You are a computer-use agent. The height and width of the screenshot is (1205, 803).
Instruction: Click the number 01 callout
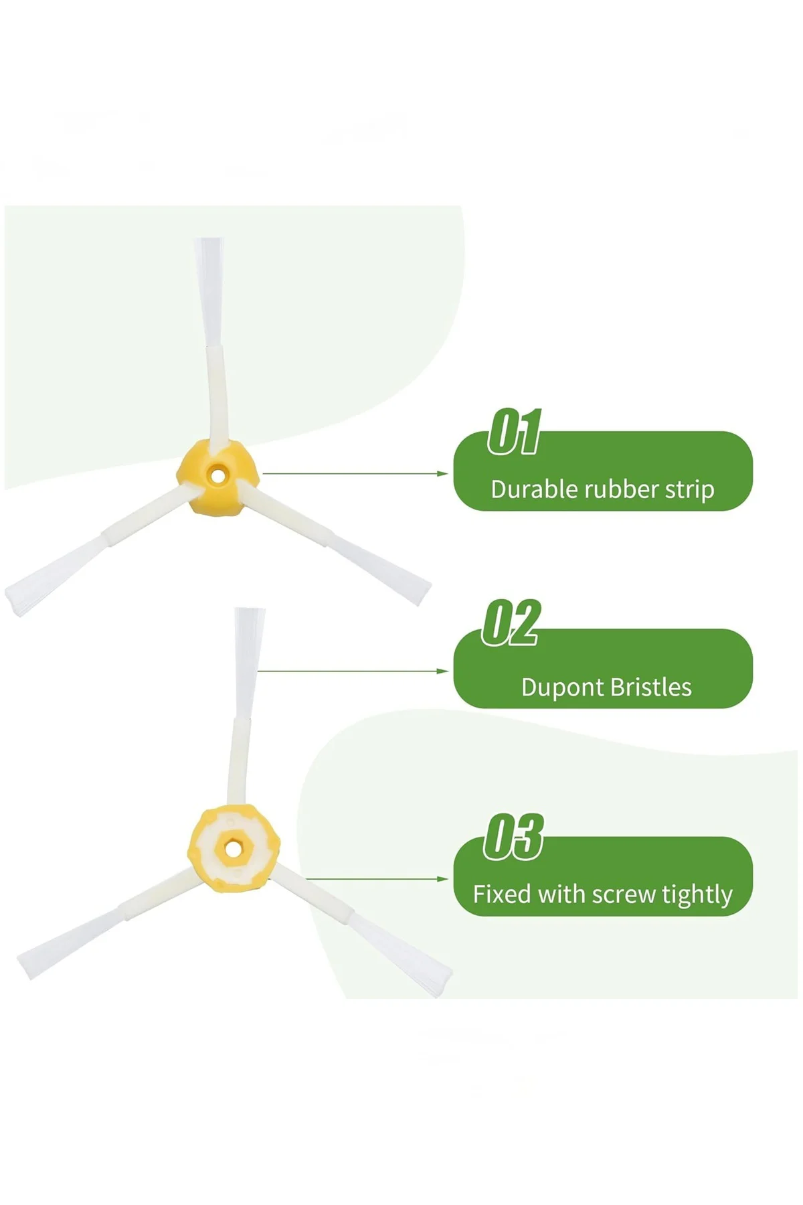[x=514, y=432]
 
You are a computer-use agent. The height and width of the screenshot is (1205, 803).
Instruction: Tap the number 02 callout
[x=511, y=623]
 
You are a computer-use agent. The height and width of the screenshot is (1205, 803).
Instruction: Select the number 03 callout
[x=513, y=837]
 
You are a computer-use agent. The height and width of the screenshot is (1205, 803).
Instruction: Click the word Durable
[x=535, y=489]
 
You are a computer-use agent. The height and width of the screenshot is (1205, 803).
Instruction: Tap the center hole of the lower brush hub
[x=232, y=848]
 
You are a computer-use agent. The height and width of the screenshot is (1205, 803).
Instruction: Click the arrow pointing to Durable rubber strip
[x=355, y=473]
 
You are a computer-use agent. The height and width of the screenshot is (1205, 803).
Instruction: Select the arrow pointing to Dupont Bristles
[x=353, y=670]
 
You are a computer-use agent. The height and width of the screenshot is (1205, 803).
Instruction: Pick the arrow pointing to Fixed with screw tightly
[x=377, y=878]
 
